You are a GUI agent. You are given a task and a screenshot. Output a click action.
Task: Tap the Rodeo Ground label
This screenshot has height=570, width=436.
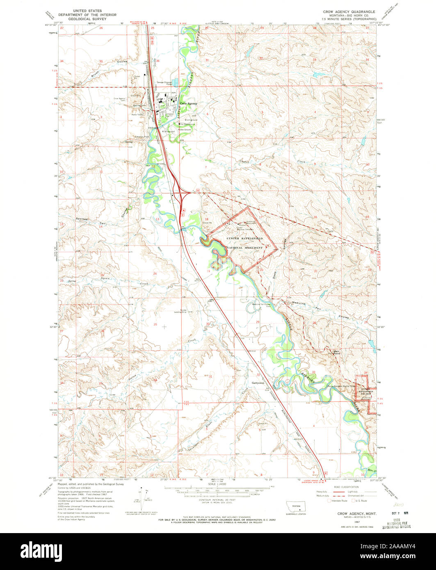pyautogui.click(x=185, y=130)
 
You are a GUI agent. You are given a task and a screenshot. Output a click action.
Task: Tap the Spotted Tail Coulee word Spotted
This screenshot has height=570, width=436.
pyautogui.click(x=82, y=219)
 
